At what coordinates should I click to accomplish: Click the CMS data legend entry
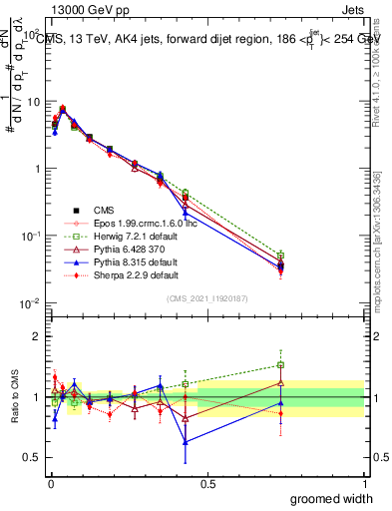coord(103,210)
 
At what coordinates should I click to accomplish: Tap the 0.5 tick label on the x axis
coord(207,482)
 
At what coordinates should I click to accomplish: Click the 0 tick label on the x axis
coord(50,482)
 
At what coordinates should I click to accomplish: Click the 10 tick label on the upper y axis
coord(32,101)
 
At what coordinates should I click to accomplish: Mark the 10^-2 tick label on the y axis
coord(30,303)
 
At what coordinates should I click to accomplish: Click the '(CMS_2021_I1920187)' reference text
coord(206,297)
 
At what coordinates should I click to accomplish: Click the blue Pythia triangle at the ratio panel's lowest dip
coord(186,441)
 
